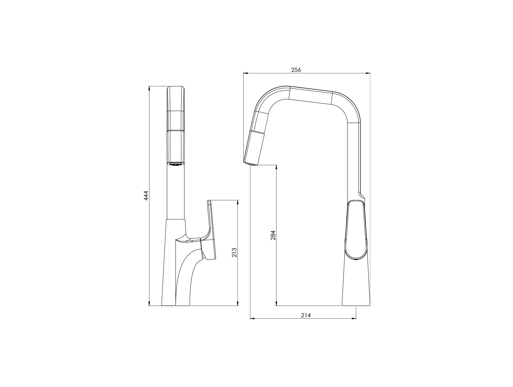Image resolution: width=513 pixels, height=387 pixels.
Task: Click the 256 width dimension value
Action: pos(296,70)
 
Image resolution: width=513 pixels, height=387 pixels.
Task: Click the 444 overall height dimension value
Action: pos(146,196)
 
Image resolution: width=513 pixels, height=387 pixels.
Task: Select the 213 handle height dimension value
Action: pos(234,252)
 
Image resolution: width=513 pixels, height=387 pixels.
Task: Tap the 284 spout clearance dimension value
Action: pos(273,235)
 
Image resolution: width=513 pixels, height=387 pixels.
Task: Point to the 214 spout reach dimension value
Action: pos(306,315)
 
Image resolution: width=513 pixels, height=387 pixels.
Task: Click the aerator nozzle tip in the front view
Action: pos(176,163)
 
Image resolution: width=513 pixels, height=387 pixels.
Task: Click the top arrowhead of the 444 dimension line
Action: pos(149,88)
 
